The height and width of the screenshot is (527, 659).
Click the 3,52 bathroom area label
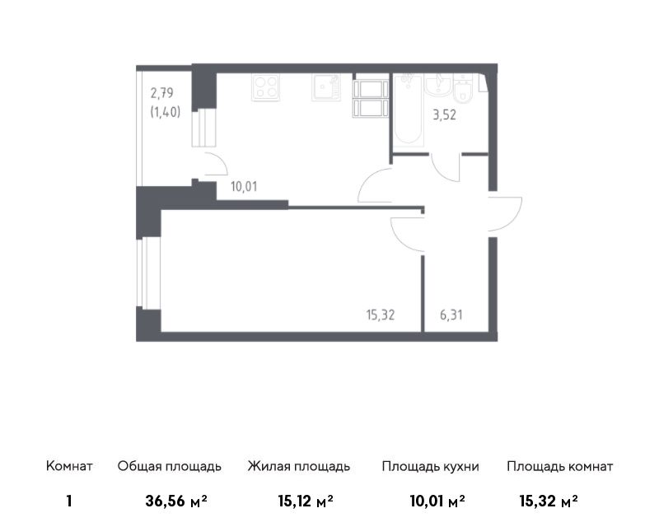coord(444,114)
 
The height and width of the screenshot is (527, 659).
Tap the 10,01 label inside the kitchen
coord(244,187)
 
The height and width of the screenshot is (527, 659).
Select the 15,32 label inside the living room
coord(381,315)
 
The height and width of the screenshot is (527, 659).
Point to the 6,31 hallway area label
coord(451,315)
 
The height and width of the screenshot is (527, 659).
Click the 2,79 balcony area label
coord(161,92)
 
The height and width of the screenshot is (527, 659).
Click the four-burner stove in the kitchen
coord(265,87)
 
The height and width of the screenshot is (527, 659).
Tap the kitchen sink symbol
coord(325,87)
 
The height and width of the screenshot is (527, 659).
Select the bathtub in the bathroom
coord(409,110)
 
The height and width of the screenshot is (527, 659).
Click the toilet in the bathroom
coord(463,89)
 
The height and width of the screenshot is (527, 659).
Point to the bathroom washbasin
coord(438,85)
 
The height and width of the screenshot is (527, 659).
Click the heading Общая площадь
coord(169,466)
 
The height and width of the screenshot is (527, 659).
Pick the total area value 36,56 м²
coord(176,501)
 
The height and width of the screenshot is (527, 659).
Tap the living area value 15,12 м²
coord(306,501)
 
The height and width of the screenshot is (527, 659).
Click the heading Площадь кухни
coord(430,466)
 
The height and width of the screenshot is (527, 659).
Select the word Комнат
coord(69,466)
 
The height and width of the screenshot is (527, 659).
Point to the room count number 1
coord(69,501)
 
